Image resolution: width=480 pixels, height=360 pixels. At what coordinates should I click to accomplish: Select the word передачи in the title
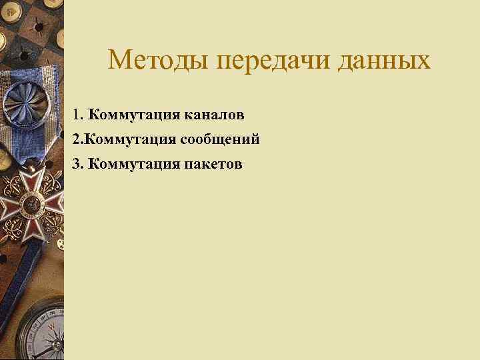pyautogui.click(x=275, y=61)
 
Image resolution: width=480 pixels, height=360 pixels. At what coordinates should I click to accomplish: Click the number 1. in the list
pyautogui.click(x=79, y=115)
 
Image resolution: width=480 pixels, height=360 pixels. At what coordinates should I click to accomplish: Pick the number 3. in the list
pyautogui.click(x=79, y=163)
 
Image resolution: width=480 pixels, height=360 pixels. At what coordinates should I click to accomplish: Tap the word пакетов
pyautogui.click(x=213, y=163)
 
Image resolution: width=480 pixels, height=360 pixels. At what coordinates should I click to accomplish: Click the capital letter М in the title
pyautogui.click(x=120, y=61)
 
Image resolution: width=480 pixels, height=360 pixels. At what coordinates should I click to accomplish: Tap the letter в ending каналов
pyautogui.click(x=240, y=116)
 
